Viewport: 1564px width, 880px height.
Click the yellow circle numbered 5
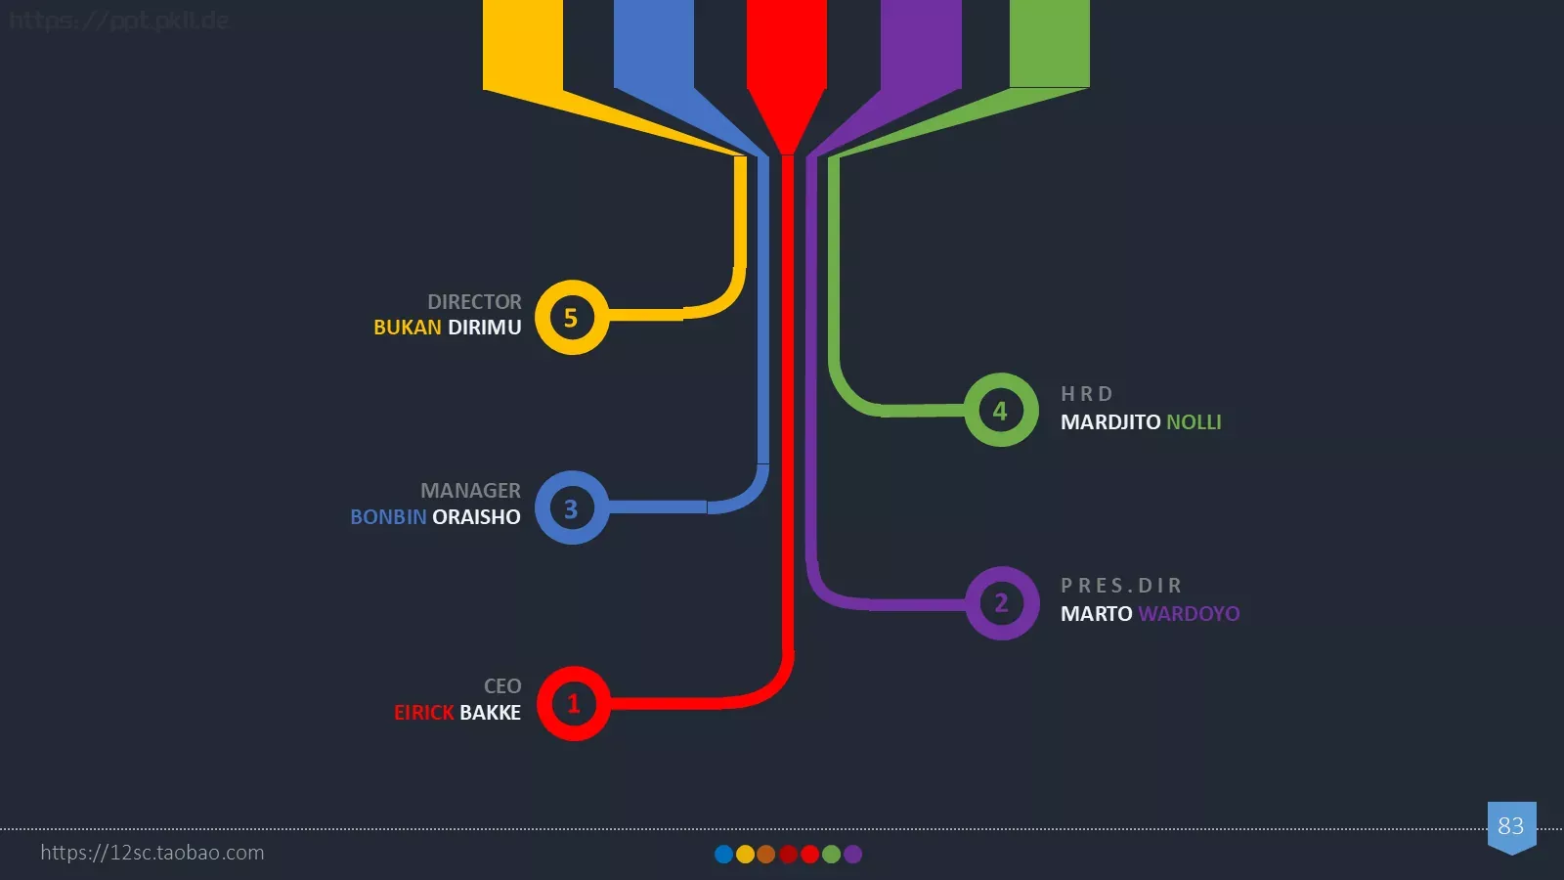572,317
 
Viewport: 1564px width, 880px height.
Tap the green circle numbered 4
1001,410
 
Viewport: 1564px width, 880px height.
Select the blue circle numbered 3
572,507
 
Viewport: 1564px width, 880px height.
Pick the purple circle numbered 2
1002,602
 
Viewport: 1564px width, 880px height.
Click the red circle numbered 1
573,703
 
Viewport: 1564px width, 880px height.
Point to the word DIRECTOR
474,302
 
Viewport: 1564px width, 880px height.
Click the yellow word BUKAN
407,327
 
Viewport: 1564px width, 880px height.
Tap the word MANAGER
470,490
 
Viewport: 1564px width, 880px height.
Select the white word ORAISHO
476,517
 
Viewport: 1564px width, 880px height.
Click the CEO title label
502,685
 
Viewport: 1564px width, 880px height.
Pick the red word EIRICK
424,713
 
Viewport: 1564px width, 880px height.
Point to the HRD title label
1086,394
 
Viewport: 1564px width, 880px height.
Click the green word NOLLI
1194,421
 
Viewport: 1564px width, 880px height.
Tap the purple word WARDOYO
1189,613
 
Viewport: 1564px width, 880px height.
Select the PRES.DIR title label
1121,586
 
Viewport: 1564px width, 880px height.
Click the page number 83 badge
1511,827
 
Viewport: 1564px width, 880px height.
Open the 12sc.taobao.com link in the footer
152,852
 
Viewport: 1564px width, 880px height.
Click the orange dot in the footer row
766,855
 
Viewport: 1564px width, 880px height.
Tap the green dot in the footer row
831,855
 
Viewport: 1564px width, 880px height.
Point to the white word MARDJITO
1110,421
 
